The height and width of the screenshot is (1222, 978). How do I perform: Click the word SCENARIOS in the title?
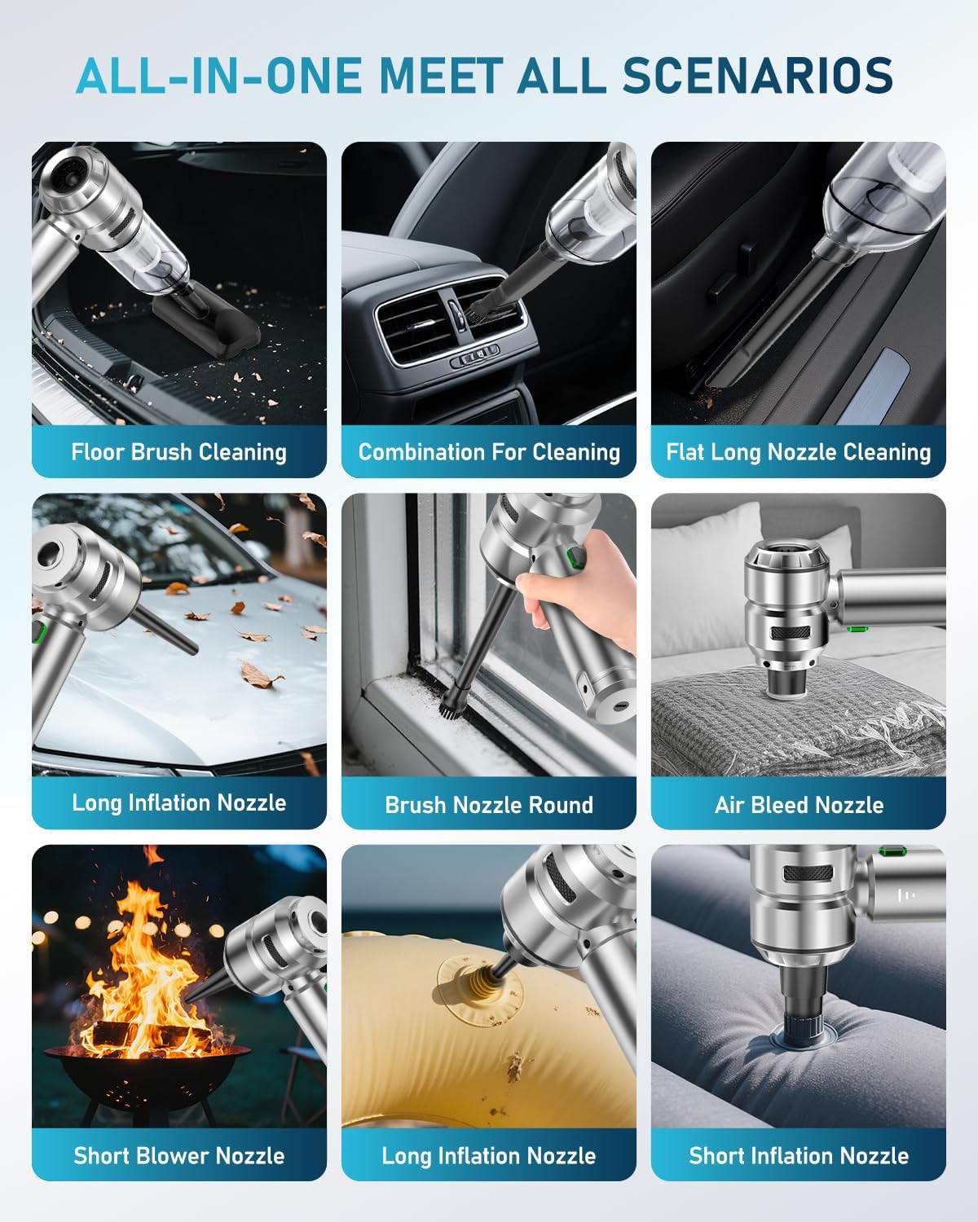(758, 75)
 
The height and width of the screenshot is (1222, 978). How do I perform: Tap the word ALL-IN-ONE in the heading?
(220, 75)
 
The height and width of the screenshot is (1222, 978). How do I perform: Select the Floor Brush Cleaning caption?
(178, 452)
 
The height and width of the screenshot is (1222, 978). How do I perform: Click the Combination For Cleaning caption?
(489, 452)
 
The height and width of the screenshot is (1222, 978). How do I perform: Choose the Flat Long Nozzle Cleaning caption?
(798, 452)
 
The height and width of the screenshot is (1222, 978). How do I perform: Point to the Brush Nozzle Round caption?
(489, 805)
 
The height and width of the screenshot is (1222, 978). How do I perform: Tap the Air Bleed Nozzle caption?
(799, 805)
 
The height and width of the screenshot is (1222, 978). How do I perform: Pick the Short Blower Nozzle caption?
(178, 1155)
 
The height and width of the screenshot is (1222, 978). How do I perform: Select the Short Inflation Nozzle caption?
(798, 1155)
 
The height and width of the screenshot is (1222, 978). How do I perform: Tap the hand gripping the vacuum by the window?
(570, 587)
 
